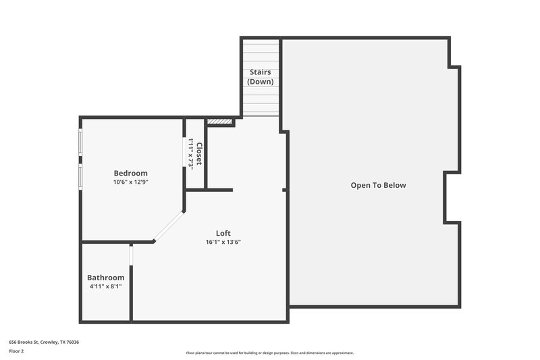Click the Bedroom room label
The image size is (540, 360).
(130, 173)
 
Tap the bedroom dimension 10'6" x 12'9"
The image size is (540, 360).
(130, 182)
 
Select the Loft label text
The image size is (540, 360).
(223, 233)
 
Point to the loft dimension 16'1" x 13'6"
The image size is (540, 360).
(223, 242)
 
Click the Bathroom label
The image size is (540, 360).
(105, 278)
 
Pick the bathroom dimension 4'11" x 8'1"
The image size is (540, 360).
(105, 286)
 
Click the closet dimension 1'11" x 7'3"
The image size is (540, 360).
(191, 153)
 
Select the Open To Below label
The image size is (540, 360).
(378, 185)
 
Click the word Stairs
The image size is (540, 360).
(261, 72)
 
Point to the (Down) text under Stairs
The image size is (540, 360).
(261, 82)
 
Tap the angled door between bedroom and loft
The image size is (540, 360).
(169, 225)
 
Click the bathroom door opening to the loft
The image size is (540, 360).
(132, 255)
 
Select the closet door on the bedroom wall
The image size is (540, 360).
(184, 151)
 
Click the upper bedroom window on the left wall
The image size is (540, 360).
(80, 143)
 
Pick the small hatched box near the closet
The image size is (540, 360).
(219, 122)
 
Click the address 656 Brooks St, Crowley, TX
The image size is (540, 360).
(44, 342)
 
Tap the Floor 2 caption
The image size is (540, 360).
(17, 351)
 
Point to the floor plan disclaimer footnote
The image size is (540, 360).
(269, 353)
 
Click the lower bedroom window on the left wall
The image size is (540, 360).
(80, 176)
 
